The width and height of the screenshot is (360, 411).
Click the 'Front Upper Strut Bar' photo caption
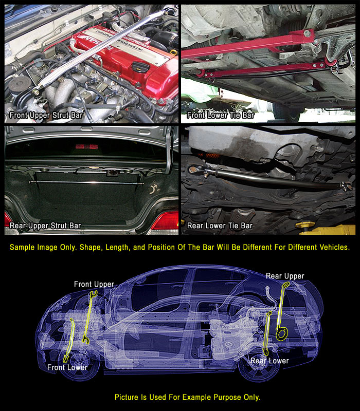(46, 115)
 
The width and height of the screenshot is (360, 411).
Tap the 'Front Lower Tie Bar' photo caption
(221, 115)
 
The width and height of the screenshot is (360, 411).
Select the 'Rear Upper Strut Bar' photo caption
(45, 226)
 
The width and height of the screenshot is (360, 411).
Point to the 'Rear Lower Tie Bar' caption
(220, 226)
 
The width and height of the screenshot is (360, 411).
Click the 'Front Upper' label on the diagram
(94, 285)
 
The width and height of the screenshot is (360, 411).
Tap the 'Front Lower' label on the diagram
(67, 367)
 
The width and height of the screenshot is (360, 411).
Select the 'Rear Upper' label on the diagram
(285, 276)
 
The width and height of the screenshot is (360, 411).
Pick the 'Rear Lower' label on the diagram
(269, 361)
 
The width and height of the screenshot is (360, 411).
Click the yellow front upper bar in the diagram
(89, 316)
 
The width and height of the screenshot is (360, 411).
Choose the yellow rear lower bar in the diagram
(266, 333)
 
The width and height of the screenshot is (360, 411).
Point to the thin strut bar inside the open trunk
(86, 182)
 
